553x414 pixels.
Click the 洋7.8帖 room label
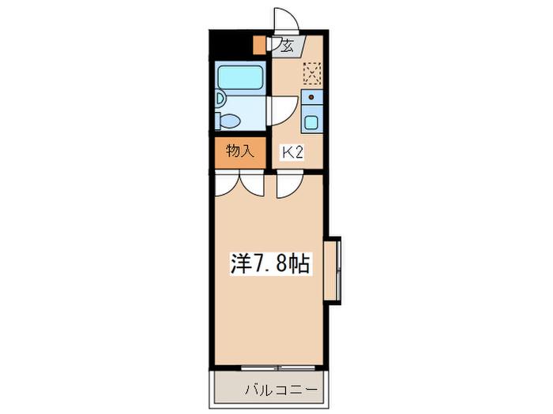point(270,263)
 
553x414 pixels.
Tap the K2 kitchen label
point(292,153)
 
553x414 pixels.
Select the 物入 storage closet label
point(240,151)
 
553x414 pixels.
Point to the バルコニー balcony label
point(281,390)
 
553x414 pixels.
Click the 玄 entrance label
point(287,46)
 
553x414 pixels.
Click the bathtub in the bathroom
point(241,76)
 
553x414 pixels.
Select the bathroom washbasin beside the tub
point(220,99)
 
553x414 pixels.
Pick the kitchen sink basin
point(312,122)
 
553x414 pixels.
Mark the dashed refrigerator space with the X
point(313,73)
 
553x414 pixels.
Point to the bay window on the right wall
point(333,270)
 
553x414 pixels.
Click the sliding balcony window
point(278,368)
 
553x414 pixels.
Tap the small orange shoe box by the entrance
point(260,45)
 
